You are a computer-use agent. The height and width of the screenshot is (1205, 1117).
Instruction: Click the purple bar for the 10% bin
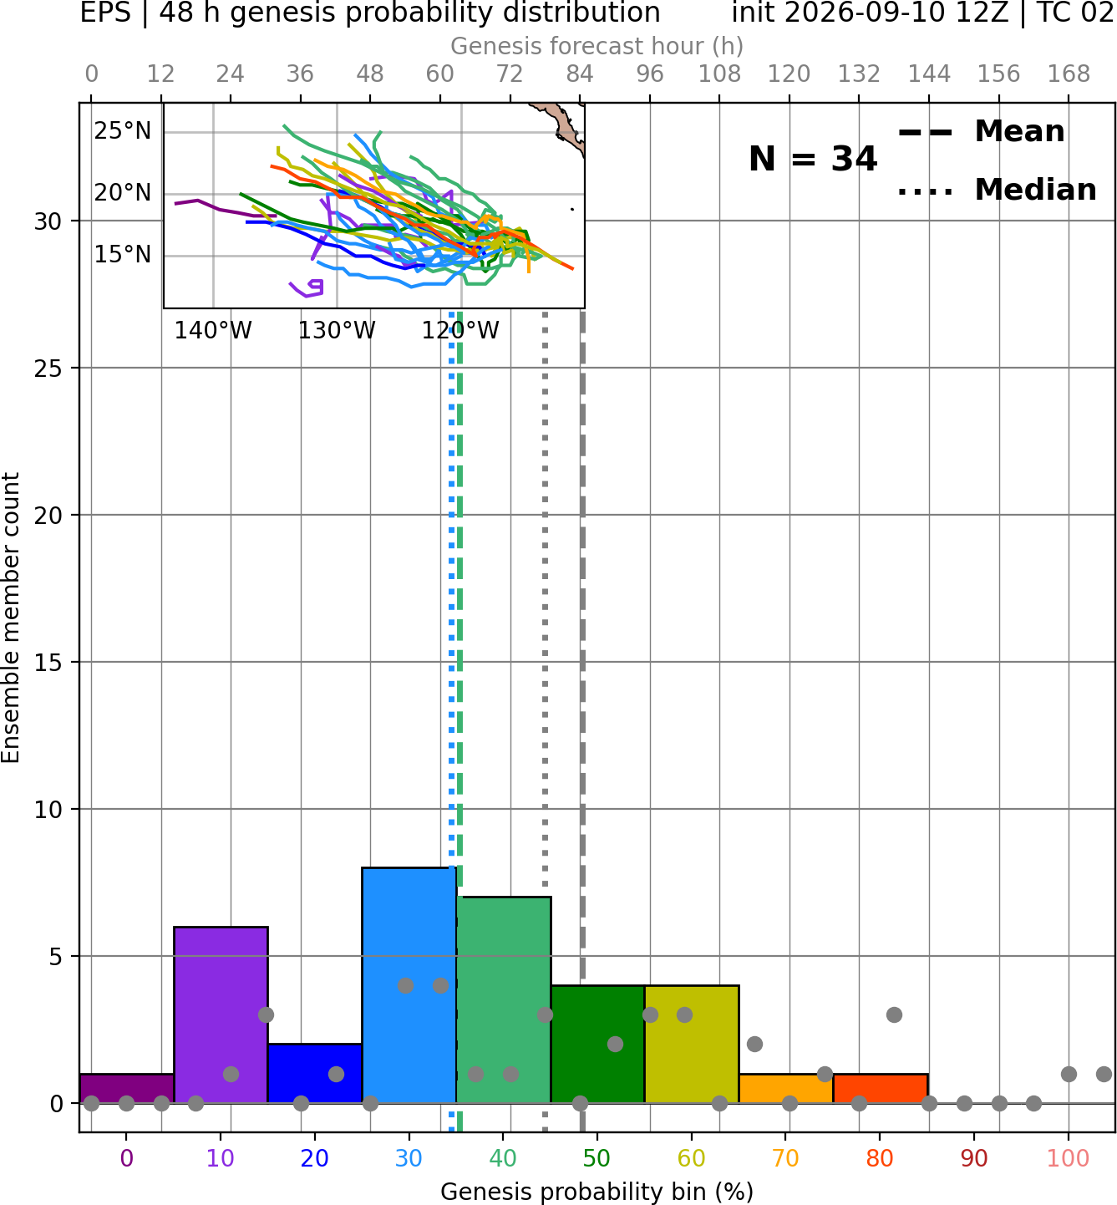pos(221,1014)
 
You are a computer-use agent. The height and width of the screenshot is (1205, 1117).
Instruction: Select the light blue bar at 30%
pos(409,985)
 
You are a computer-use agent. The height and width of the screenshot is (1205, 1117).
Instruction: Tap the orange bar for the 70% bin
pos(785,1089)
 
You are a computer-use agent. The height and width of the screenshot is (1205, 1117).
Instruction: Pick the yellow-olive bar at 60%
pos(692,1045)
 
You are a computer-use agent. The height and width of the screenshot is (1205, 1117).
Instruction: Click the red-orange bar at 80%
pos(881,1089)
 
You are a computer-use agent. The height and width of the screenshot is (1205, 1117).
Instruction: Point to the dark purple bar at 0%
pos(127,1089)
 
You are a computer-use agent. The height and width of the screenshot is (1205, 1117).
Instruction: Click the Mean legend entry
pos(981,131)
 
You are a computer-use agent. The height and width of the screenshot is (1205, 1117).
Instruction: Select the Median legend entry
pos(997,190)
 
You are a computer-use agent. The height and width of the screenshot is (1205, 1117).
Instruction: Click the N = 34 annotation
pos(813,159)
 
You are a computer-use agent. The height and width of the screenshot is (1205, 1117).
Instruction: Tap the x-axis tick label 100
pos(1068,1158)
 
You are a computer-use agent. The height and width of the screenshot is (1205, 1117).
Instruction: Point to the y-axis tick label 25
pos(48,369)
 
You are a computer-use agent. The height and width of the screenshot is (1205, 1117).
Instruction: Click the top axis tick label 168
pos(1069,74)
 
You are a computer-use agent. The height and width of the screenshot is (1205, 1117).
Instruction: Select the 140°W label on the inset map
pos(213,331)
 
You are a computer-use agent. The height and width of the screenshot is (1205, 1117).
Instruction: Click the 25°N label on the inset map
pos(123,131)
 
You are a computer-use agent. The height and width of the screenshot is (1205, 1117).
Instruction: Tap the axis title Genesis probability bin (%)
pos(597,1192)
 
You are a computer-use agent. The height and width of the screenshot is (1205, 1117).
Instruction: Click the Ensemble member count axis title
pos(10,618)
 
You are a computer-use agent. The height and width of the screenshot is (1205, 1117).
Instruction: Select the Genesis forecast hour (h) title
pos(597,46)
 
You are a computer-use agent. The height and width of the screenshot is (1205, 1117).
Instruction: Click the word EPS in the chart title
pos(105,13)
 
